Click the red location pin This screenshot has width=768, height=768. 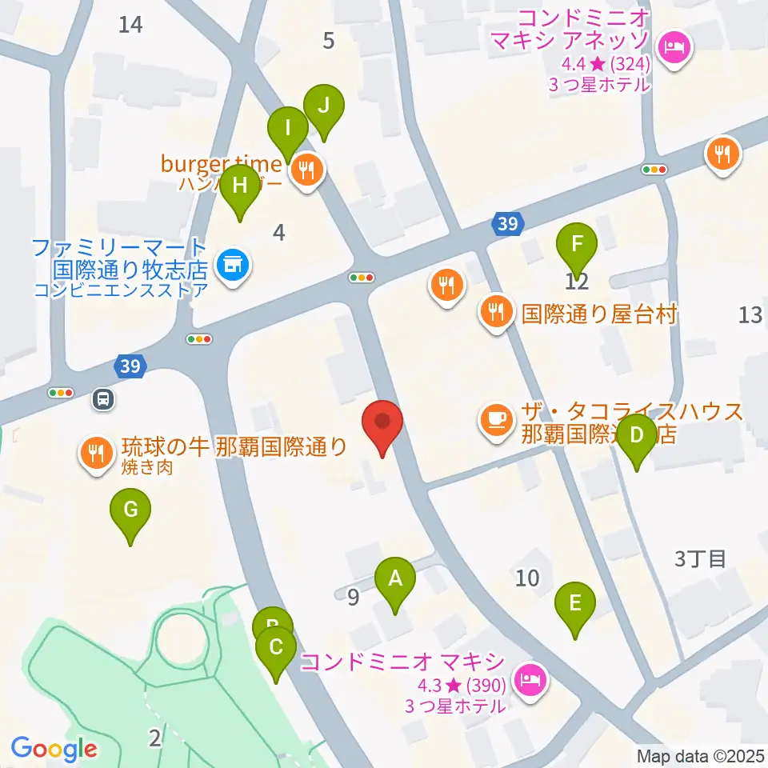382,422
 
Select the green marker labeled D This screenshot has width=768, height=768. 637,436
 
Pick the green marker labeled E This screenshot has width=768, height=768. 575,602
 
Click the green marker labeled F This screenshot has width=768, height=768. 577,242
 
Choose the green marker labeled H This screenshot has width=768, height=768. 240,186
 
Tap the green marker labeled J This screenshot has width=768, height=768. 324,106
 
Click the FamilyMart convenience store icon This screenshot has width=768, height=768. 233,262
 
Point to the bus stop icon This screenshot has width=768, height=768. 102,398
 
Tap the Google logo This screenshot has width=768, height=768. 54,749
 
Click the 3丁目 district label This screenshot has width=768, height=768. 701,558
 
